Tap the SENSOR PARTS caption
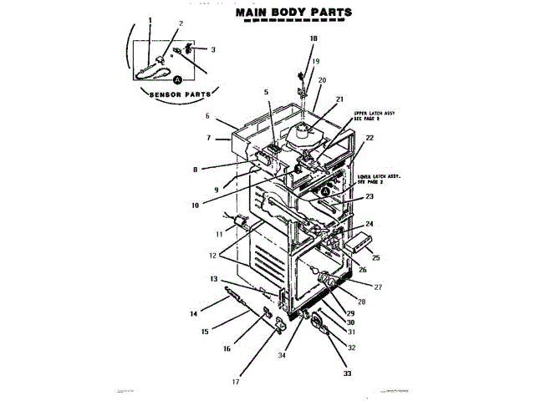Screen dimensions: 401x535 click(179, 94)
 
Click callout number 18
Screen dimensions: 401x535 click(313, 39)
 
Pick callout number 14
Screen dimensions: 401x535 click(193, 314)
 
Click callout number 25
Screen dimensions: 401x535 click(375, 258)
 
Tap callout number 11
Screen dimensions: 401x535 click(219, 235)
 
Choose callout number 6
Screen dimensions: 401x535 click(206, 116)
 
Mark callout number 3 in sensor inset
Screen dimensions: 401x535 click(213, 50)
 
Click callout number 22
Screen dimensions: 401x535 click(369, 138)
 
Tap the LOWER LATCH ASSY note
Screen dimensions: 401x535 click(380, 180)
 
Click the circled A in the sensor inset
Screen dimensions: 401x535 click(177, 80)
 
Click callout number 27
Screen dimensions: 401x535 click(377, 287)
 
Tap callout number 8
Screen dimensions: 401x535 click(195, 170)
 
